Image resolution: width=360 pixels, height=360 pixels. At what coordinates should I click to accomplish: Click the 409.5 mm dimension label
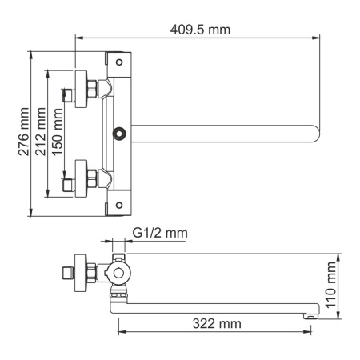[199, 30]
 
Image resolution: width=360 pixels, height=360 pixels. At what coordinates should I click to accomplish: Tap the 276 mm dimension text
[24, 132]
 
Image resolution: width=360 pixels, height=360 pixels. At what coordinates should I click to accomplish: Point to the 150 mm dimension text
[58, 132]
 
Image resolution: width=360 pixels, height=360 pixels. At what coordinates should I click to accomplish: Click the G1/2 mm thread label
[160, 233]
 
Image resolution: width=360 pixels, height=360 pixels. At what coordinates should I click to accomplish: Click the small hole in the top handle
[119, 61]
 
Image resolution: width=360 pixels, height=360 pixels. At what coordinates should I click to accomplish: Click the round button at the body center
[121, 132]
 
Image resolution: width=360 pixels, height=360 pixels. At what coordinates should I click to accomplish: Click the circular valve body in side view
[119, 274]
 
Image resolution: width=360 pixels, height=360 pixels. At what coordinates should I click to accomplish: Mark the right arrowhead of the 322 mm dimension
[307, 330]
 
